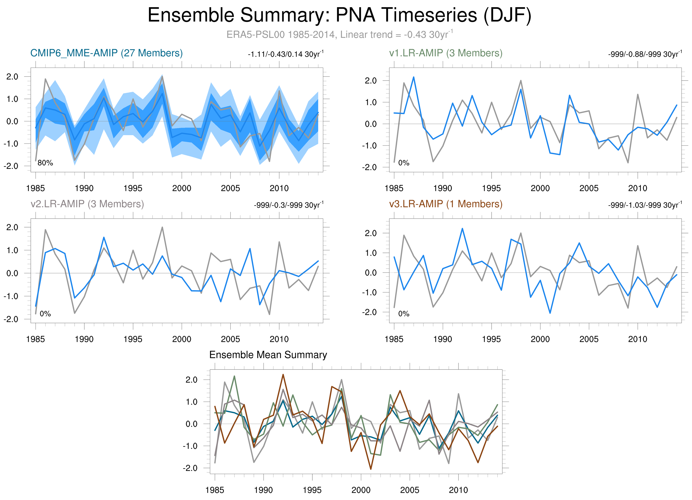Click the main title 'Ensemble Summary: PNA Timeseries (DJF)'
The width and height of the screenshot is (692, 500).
point(339,15)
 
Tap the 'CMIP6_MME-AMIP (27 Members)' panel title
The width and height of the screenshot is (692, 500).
point(106,53)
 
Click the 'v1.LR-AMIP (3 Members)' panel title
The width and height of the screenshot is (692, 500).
point(446,53)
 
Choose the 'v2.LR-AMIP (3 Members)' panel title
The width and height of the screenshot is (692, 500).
point(87,204)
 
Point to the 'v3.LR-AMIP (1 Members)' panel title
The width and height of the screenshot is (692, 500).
point(446,204)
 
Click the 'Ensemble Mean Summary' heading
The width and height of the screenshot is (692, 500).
point(268,355)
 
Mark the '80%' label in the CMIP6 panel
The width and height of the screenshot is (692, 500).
point(45,163)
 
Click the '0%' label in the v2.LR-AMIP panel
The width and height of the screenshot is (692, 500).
point(45,314)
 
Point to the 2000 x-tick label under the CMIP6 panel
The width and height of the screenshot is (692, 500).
point(181,188)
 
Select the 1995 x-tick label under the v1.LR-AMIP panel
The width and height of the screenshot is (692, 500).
point(491,188)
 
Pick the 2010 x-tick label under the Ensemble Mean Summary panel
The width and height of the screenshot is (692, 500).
point(458,490)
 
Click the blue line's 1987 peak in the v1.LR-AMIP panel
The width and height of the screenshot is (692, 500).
point(413,77)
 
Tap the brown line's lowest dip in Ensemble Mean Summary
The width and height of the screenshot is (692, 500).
point(371,469)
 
